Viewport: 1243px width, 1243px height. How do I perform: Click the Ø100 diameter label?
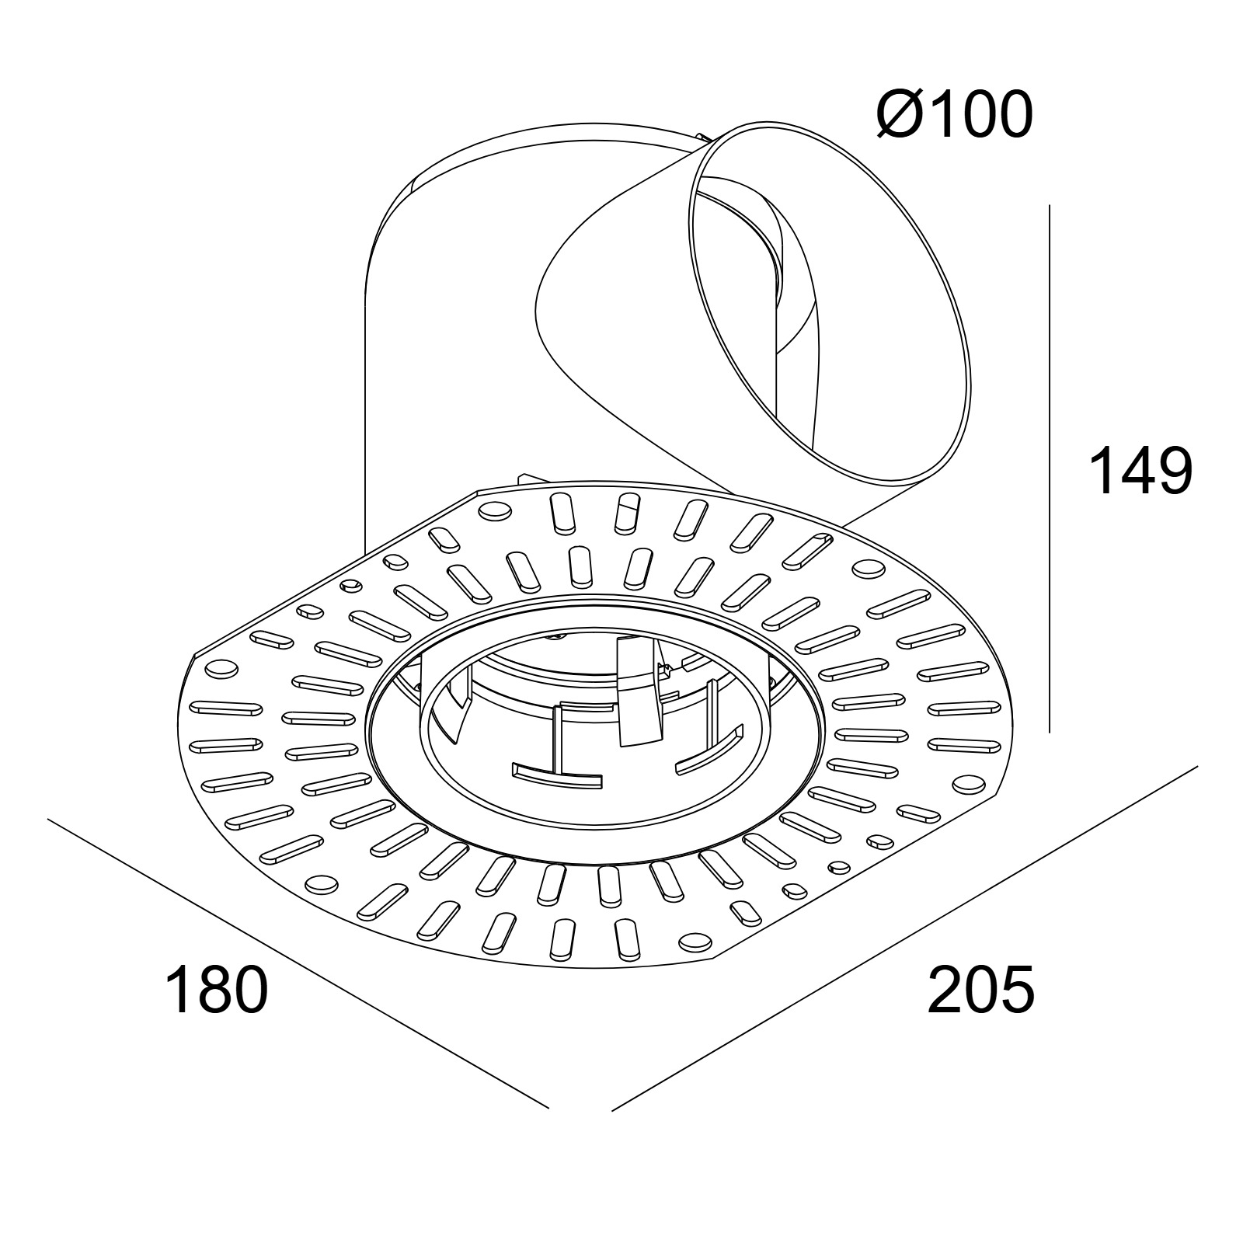pos(955,114)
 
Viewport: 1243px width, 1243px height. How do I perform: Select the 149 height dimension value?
pos(1140,470)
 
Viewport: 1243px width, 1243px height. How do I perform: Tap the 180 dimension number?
pos(217,989)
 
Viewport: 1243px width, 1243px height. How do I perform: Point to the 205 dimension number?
pos(981,989)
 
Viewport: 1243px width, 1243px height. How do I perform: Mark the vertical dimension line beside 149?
pos(1050,468)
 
